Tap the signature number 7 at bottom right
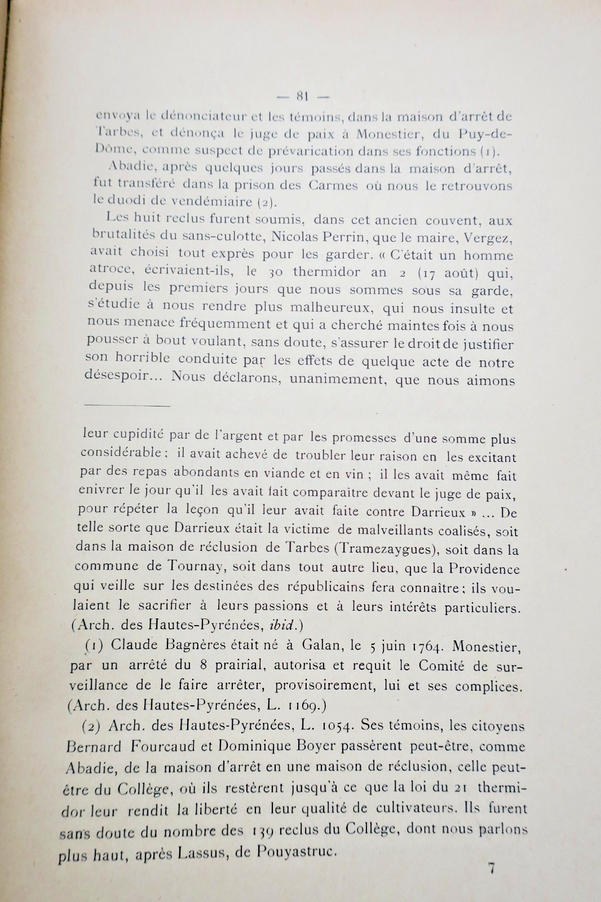point(491,868)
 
